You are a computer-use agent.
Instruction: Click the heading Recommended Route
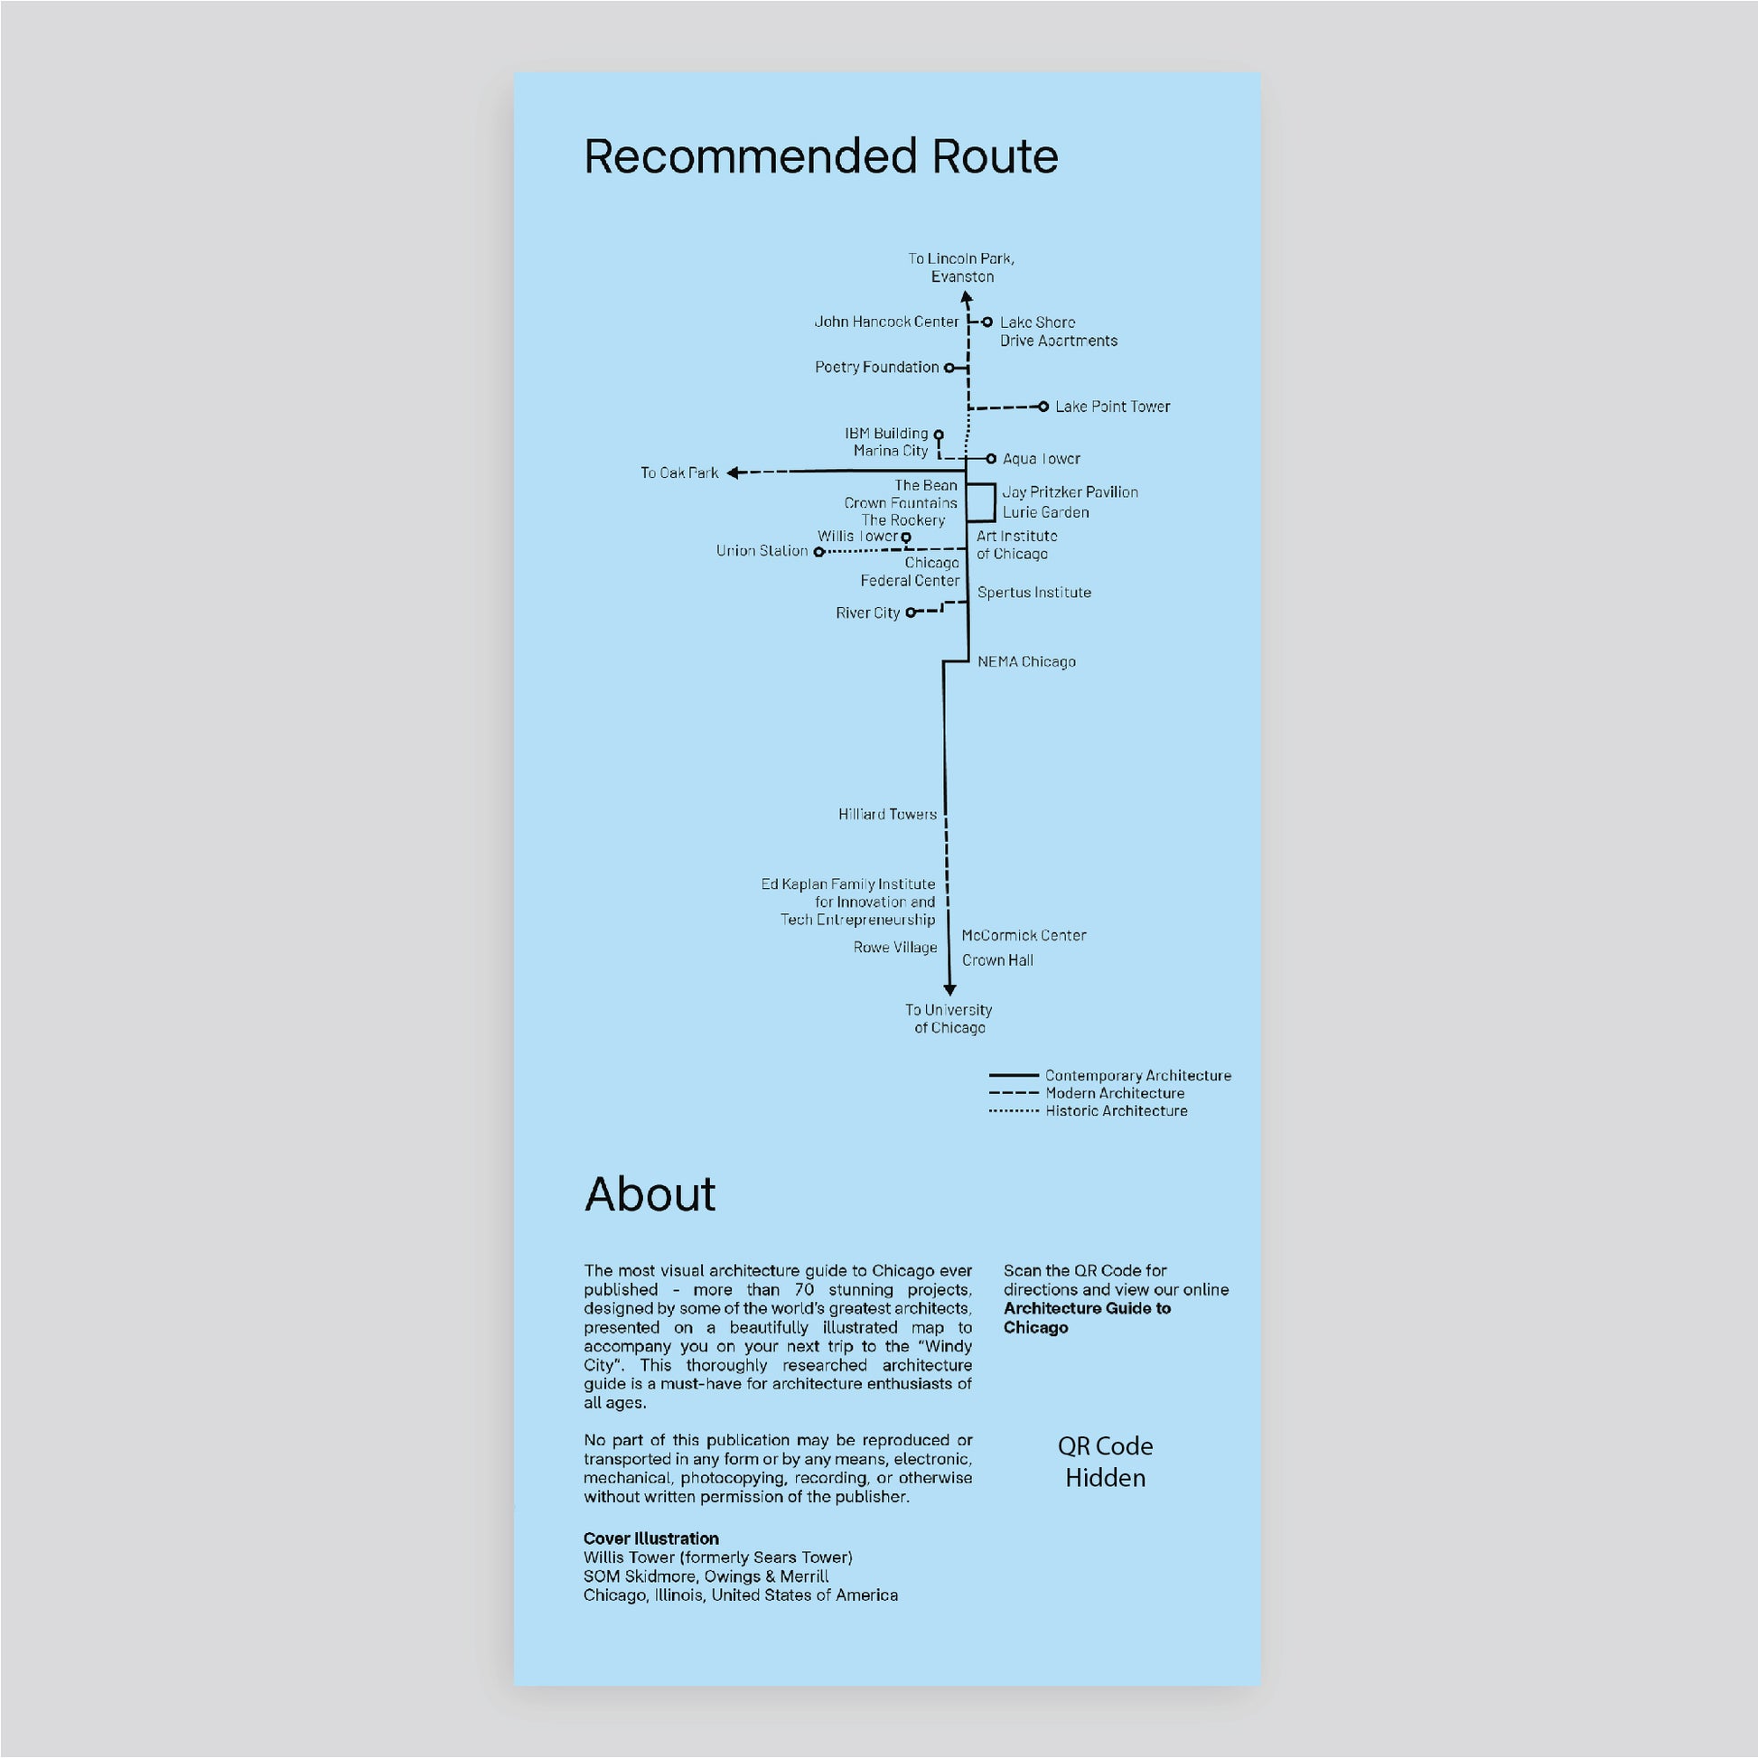(821, 156)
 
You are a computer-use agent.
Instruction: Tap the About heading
(650, 1194)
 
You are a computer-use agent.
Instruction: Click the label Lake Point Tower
(1112, 407)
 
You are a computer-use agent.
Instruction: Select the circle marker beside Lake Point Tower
(1043, 407)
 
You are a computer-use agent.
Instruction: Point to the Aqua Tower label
(1041, 459)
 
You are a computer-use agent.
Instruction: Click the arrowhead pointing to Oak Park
(733, 472)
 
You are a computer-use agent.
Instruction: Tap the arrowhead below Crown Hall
(949, 989)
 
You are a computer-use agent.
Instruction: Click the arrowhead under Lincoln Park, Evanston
(967, 297)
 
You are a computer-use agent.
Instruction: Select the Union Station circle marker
(819, 551)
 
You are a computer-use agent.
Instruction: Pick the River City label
(868, 613)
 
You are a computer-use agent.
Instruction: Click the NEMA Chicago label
(1026, 661)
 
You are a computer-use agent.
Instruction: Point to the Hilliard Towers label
(887, 814)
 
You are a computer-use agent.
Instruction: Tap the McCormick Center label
(1024, 935)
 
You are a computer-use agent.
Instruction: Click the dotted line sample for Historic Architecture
(1014, 1111)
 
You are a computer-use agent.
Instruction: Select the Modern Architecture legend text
(1115, 1093)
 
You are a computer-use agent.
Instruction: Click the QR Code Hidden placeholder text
(1106, 1462)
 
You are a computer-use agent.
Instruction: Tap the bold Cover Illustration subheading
(651, 1538)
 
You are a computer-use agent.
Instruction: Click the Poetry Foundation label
(876, 367)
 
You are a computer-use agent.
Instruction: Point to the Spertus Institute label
(1033, 593)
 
